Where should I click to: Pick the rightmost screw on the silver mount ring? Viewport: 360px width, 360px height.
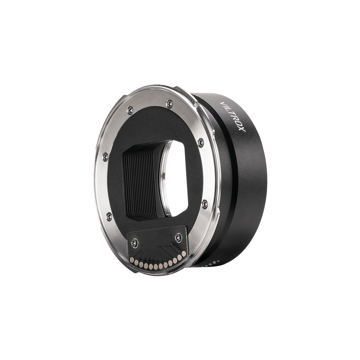[x=205, y=204]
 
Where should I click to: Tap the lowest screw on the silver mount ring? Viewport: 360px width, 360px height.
[x=109, y=216]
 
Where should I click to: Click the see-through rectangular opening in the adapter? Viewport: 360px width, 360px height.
[x=178, y=178]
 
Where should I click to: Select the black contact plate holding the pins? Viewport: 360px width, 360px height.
[x=156, y=246]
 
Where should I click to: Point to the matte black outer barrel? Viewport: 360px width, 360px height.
[x=250, y=183]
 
